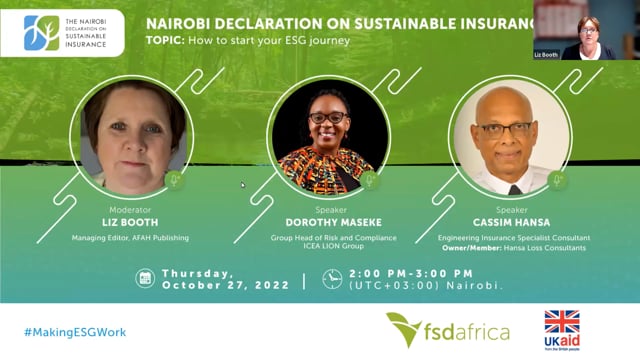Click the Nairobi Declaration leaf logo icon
pyautogui.click(x=42, y=33)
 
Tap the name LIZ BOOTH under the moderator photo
pyautogui.click(x=130, y=222)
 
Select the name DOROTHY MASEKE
pyautogui.click(x=333, y=222)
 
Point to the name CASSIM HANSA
pyautogui.click(x=511, y=222)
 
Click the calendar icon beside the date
pyautogui.click(x=145, y=278)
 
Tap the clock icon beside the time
pyautogui.click(x=332, y=279)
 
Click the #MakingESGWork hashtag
pyautogui.click(x=75, y=332)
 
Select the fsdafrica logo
pyautogui.click(x=448, y=329)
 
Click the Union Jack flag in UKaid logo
pyautogui.click(x=562, y=322)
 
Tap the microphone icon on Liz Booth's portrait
pyautogui.click(x=174, y=180)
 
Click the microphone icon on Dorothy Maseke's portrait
pyautogui.click(x=370, y=180)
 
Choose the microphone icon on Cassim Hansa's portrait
pyautogui.click(x=557, y=180)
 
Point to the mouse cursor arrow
pyautogui.click(x=243, y=185)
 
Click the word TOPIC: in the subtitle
pyautogui.click(x=165, y=40)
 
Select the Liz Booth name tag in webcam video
pyautogui.click(x=546, y=55)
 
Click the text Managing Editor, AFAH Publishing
pyautogui.click(x=130, y=238)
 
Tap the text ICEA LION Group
pyautogui.click(x=333, y=246)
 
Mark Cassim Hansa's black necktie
pyautogui.click(x=515, y=190)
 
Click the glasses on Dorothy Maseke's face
pyautogui.click(x=329, y=118)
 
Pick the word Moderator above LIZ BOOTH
pyautogui.click(x=130, y=210)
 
